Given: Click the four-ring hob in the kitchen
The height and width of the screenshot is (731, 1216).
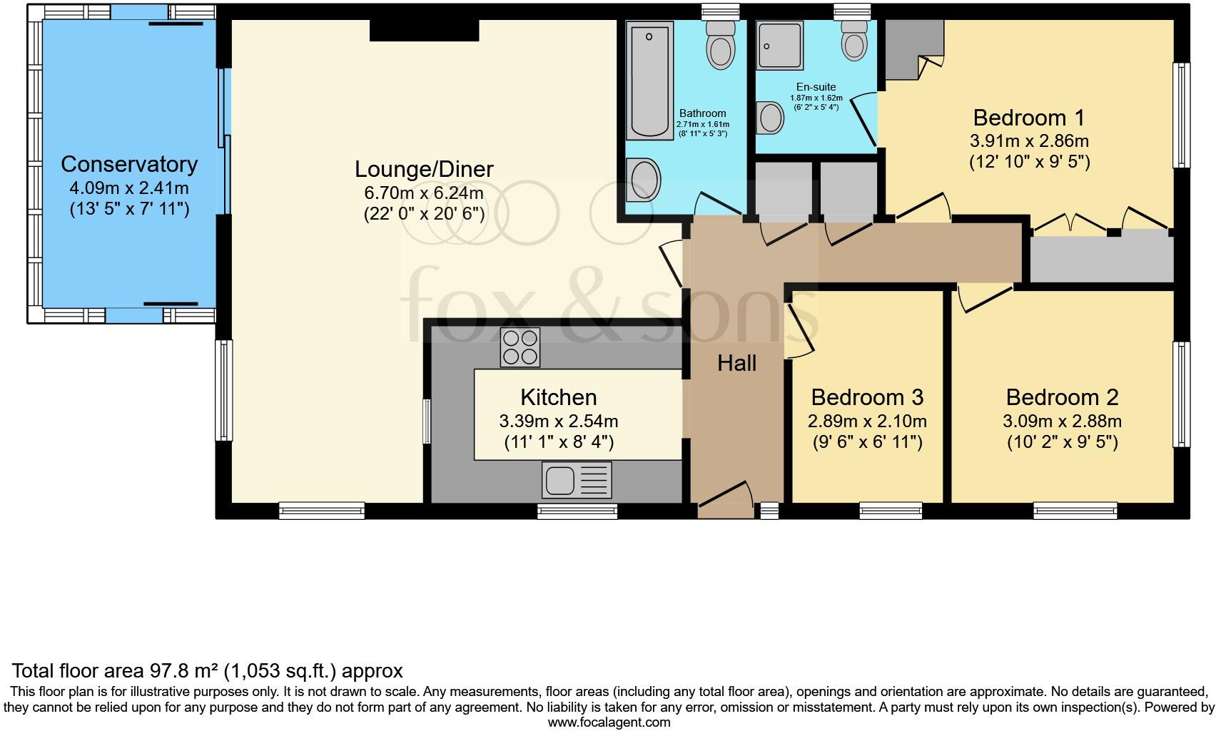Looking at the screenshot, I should [x=520, y=347].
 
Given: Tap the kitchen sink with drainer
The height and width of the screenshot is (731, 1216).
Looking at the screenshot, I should [x=576, y=479].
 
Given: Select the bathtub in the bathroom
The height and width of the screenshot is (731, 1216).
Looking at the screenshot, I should [x=649, y=80].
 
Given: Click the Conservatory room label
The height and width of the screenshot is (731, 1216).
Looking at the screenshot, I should [x=129, y=164].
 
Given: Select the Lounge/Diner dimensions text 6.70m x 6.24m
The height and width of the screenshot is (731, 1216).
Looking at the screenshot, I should [x=424, y=193].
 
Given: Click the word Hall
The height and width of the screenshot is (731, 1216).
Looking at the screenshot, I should [x=736, y=364].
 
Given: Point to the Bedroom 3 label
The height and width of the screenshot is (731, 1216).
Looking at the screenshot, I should [x=867, y=397].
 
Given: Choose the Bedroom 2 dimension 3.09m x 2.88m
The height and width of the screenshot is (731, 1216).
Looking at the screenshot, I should [x=1062, y=421].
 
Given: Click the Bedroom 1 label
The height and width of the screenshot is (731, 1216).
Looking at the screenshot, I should [x=1028, y=117].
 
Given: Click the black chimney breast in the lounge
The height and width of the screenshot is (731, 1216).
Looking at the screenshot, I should [x=424, y=31].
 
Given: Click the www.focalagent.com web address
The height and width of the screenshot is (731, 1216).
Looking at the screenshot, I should [x=609, y=722].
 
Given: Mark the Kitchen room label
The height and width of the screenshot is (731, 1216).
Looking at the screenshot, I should [x=558, y=397].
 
